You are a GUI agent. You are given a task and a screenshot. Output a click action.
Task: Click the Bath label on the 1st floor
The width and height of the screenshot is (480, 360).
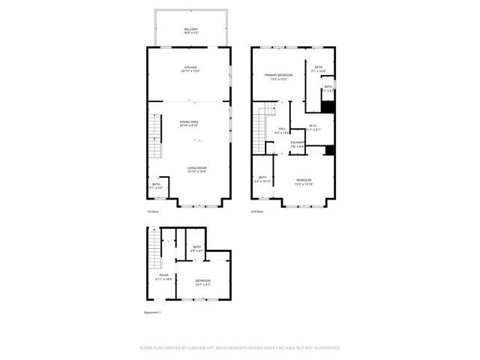156,185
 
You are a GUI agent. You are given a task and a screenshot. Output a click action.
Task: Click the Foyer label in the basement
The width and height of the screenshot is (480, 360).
164,277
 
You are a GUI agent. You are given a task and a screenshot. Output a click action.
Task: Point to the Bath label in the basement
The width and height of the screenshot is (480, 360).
197,248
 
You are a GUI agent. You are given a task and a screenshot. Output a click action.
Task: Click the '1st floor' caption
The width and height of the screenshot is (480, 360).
153,212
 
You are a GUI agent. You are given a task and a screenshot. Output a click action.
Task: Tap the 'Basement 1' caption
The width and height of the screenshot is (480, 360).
153,313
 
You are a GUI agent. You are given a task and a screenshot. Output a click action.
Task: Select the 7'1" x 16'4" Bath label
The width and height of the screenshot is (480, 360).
319,69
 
